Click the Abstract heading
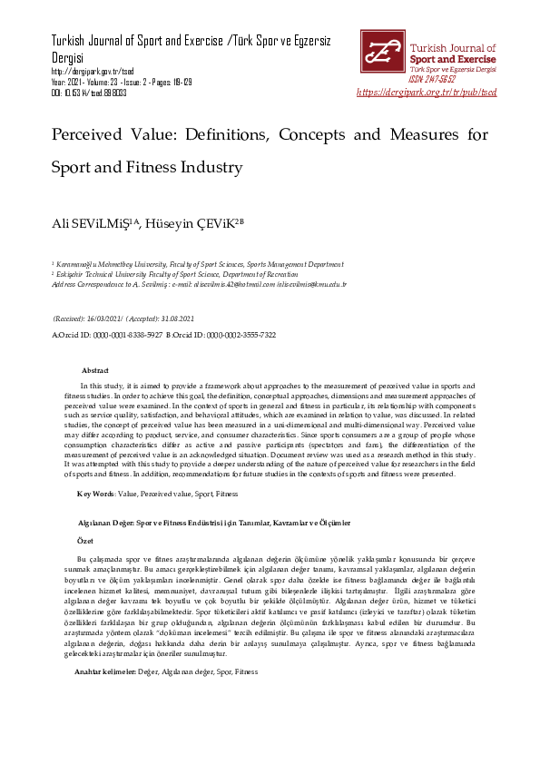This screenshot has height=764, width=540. click(x=94, y=371)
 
